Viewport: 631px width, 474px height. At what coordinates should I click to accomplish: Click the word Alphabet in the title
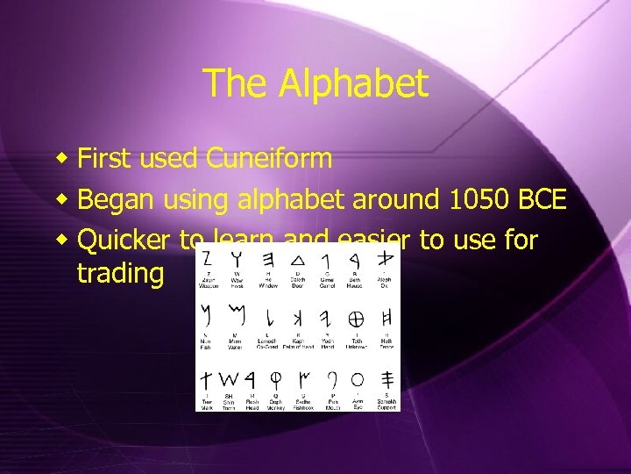[x=354, y=84]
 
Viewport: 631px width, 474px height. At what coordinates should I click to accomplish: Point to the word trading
[x=120, y=273]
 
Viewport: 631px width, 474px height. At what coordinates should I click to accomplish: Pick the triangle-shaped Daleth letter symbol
[x=297, y=258]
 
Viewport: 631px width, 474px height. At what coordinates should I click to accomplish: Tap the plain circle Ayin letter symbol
[x=357, y=379]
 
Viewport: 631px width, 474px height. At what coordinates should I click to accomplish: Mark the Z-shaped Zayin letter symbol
[x=207, y=258]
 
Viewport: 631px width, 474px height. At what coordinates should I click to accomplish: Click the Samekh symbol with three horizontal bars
[x=386, y=379]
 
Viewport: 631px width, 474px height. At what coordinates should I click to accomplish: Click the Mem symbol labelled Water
[x=234, y=314]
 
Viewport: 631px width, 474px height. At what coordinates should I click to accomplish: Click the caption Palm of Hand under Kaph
[x=299, y=347]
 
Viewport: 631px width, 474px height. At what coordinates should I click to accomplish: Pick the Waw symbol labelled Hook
[x=236, y=258]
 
